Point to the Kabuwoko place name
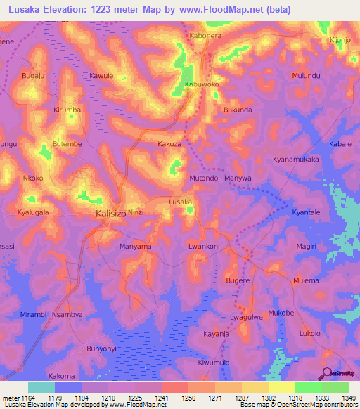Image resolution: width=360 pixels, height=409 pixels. (x=201, y=84)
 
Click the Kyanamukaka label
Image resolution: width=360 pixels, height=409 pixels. (x=295, y=160)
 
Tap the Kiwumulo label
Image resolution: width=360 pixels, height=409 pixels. (x=214, y=362)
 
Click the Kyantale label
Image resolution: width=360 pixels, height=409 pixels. (x=306, y=212)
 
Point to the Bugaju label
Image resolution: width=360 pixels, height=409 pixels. (x=32, y=74)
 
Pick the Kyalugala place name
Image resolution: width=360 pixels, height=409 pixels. (x=32, y=212)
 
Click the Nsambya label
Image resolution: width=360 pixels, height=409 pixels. (x=67, y=315)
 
